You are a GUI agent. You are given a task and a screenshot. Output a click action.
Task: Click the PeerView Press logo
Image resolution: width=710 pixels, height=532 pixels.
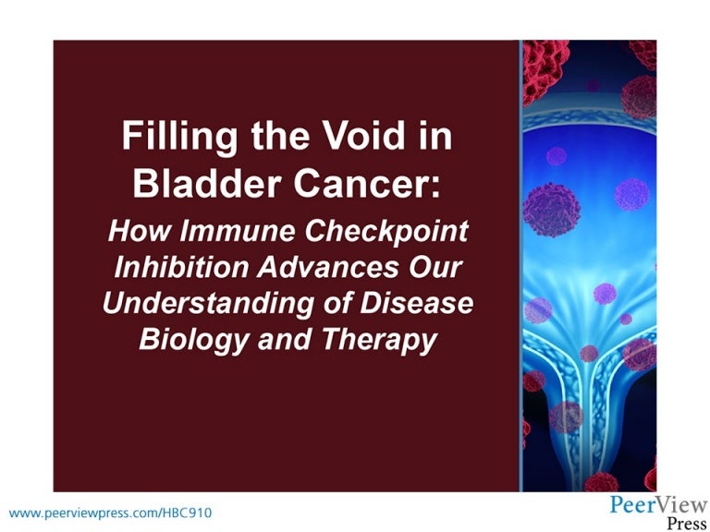[x=658, y=512]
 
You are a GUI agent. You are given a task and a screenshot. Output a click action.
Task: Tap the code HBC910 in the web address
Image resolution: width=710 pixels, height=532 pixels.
[x=189, y=511]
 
